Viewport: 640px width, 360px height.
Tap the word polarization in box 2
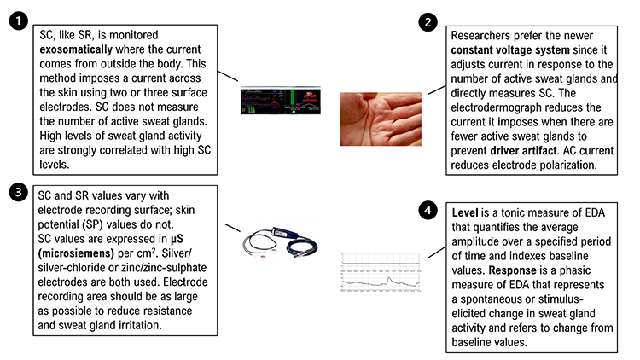(567, 163)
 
